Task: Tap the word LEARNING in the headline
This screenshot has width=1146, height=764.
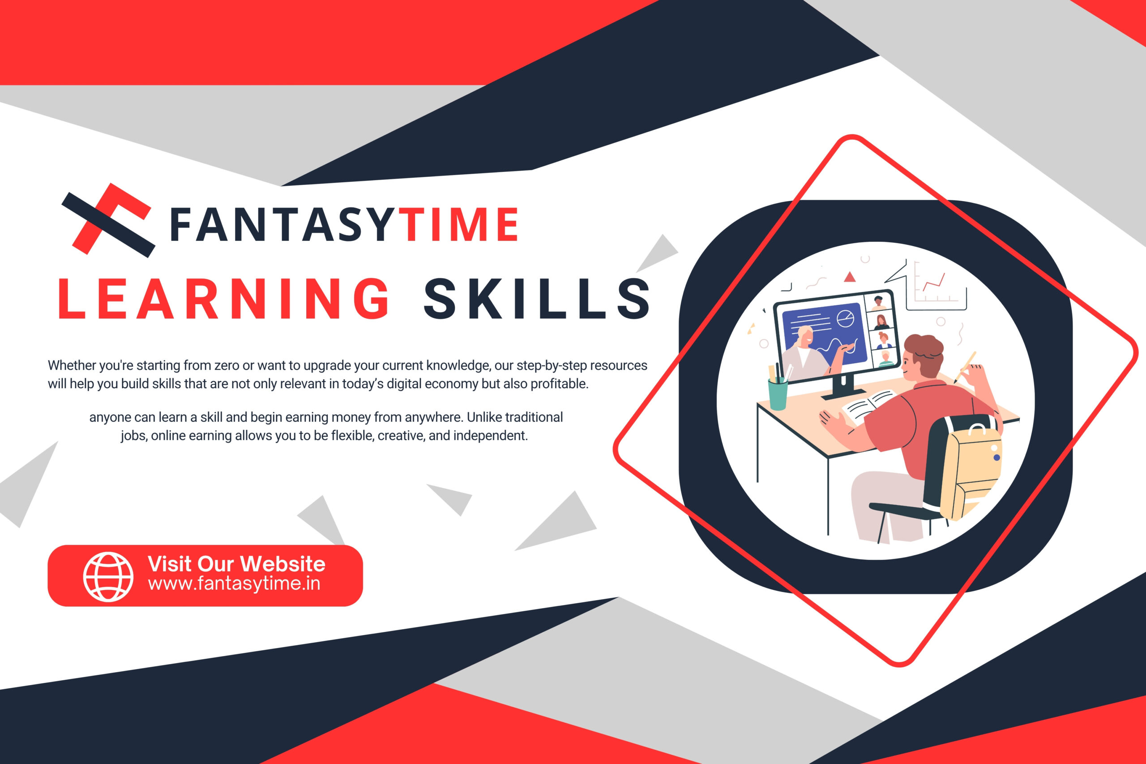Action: (223, 299)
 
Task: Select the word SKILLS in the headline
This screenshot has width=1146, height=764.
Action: (537, 299)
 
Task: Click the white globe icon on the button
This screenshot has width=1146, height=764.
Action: (108, 576)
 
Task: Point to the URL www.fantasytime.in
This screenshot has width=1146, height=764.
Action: (234, 584)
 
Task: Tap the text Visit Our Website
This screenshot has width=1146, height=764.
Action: (237, 564)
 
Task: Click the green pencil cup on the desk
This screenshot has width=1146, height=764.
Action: (778, 393)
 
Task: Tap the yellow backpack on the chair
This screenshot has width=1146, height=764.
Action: (971, 470)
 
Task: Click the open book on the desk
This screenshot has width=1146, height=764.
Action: (870, 403)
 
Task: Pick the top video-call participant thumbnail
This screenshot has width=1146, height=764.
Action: (879, 303)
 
